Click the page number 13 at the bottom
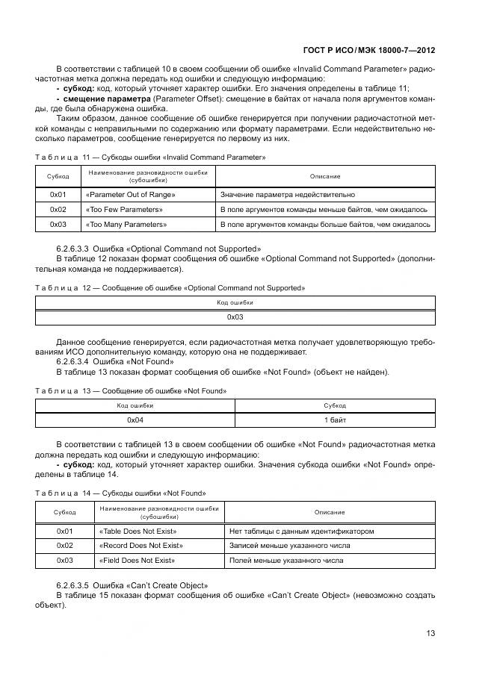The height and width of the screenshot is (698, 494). [430, 632]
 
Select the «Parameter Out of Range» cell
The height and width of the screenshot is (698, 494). [130, 195]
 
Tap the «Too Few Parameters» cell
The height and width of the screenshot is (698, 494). [124, 209]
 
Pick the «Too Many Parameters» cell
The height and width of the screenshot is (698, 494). [126, 224]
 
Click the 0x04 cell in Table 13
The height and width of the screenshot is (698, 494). [135, 420]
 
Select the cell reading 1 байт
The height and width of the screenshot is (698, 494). [334, 420]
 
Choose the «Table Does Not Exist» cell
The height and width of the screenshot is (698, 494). [136, 532]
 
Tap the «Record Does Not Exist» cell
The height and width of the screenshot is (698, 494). [141, 546]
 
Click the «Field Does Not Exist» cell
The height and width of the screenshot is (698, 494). [137, 560]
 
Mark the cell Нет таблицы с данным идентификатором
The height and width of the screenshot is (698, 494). [302, 532]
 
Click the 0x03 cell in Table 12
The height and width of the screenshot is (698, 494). [235, 317]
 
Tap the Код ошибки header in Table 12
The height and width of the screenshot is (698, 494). [235, 302]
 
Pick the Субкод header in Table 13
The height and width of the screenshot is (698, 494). [334, 405]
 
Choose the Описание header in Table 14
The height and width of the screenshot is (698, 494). [330, 512]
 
